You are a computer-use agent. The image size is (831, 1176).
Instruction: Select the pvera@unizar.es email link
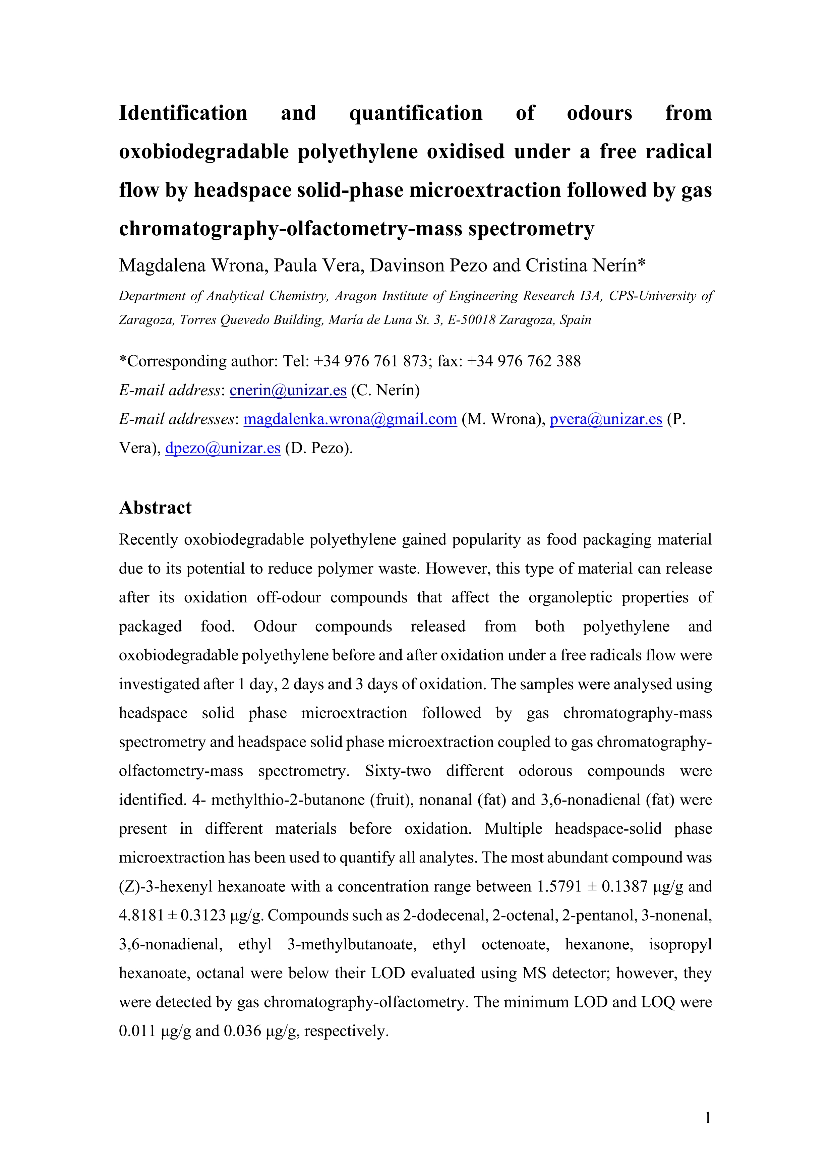[x=606, y=419]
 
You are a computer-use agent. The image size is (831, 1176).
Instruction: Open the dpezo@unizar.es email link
[x=223, y=448]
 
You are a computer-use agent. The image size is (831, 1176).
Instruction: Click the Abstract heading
[x=155, y=508]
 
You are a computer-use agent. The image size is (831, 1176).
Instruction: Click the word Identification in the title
[x=183, y=113]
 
